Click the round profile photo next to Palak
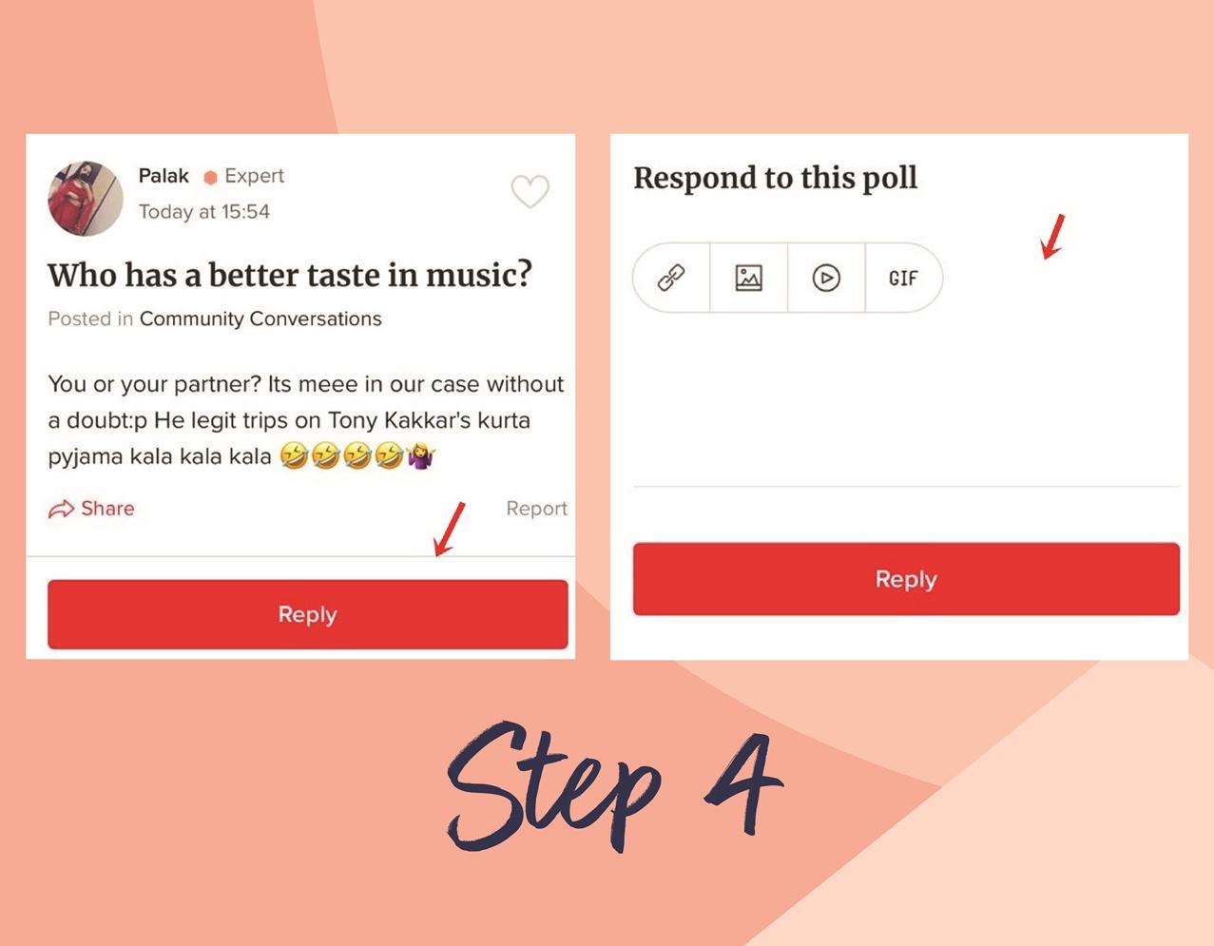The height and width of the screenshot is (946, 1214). click(86, 199)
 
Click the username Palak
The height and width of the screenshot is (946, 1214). click(164, 176)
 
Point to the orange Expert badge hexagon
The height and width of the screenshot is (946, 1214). click(210, 178)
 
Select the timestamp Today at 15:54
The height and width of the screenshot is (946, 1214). click(203, 212)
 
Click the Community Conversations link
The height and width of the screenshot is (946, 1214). click(260, 319)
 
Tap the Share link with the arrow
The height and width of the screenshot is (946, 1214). click(91, 509)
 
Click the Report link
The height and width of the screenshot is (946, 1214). click(536, 509)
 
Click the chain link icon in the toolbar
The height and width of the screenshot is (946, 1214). click(671, 278)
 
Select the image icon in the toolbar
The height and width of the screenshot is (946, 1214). click(748, 278)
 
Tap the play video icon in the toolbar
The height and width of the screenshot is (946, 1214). click(826, 278)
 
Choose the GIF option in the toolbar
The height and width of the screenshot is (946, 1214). click(903, 279)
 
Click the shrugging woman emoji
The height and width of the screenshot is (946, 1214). click(421, 455)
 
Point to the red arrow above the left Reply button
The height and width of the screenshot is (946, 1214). click(449, 530)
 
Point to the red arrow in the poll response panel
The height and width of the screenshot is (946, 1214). click(1052, 237)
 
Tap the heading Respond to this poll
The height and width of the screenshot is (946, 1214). click(776, 179)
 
